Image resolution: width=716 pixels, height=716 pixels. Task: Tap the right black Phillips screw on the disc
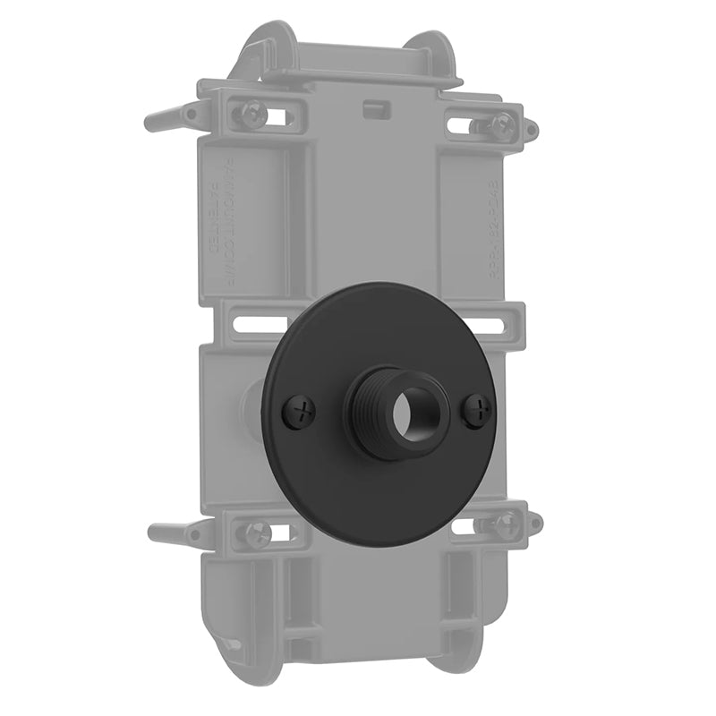(478, 412)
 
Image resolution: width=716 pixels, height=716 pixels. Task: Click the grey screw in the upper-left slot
(248, 114)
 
